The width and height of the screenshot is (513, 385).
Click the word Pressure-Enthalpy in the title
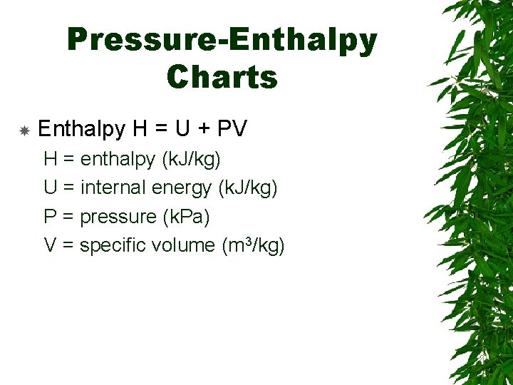tap(222, 41)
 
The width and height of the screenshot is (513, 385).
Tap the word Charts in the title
tap(222, 77)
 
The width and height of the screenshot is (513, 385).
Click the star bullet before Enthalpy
tap(24, 131)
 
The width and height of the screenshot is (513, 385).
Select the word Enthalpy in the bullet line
tap(82, 129)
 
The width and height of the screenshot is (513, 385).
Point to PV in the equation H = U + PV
tap(232, 129)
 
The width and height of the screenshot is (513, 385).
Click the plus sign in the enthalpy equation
tap(202, 130)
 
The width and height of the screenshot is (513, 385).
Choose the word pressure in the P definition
tap(118, 217)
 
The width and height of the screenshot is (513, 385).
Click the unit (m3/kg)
tap(254, 245)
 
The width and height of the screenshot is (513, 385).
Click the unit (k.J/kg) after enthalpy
tap(191, 159)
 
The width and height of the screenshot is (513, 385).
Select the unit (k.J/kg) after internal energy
tap(247, 188)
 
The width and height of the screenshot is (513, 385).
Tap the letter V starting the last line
tap(50, 245)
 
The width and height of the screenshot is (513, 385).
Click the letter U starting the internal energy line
tap(50, 188)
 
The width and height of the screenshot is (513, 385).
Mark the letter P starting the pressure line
tap(50, 216)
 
